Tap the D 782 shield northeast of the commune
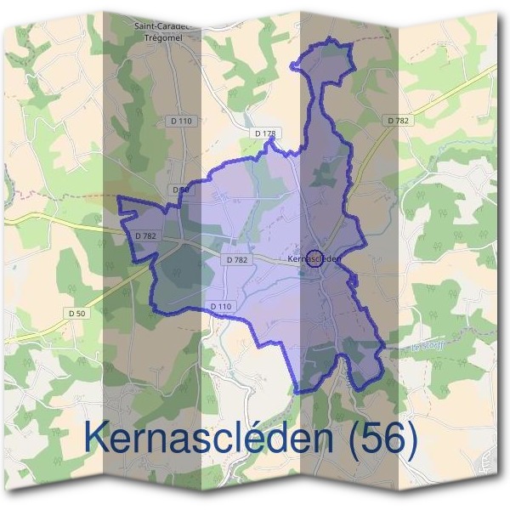click(x=398, y=122)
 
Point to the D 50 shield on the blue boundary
click(x=179, y=190)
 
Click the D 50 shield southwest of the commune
click(x=77, y=314)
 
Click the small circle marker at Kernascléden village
click(x=314, y=258)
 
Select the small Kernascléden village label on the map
click(x=314, y=258)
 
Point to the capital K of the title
click(x=99, y=438)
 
